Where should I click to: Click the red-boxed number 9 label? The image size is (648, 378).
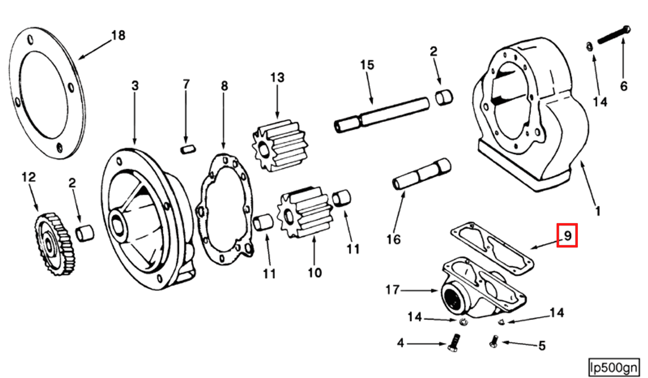tap(567, 235)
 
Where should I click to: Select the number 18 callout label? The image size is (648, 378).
tap(118, 36)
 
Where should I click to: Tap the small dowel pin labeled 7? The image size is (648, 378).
tap(188, 149)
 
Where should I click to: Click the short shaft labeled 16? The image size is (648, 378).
tap(422, 174)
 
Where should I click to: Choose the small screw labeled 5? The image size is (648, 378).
tap(494, 341)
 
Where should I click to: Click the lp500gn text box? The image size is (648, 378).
tap(613, 368)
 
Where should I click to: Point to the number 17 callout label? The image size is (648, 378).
tap(392, 290)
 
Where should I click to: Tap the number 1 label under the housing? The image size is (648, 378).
tap(598, 211)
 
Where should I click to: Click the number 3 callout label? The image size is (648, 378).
tap(135, 86)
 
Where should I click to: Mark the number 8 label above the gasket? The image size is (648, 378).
tap(224, 86)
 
